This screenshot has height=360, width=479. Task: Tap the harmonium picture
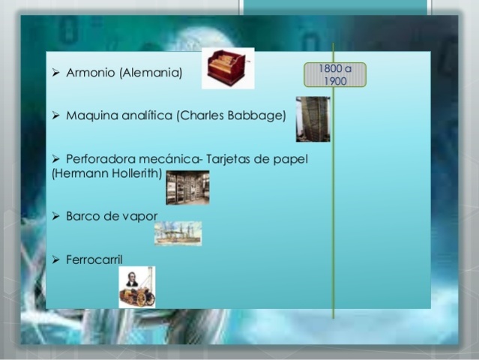(x=228, y=68)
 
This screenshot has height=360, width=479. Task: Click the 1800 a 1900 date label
(x=335, y=74)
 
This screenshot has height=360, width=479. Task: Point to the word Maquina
(x=89, y=116)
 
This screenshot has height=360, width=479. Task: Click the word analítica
(x=143, y=116)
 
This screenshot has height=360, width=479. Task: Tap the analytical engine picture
(x=312, y=119)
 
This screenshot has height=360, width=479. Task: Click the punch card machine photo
(x=187, y=187)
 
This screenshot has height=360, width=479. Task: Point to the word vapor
(x=139, y=216)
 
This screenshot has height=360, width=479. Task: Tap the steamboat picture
(x=178, y=233)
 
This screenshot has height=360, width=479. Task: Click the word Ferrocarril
(x=94, y=259)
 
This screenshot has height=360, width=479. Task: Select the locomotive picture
(x=137, y=286)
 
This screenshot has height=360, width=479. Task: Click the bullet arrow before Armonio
(x=56, y=73)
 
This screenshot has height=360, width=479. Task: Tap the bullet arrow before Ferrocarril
(x=56, y=259)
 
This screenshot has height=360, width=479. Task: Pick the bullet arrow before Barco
(x=56, y=216)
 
